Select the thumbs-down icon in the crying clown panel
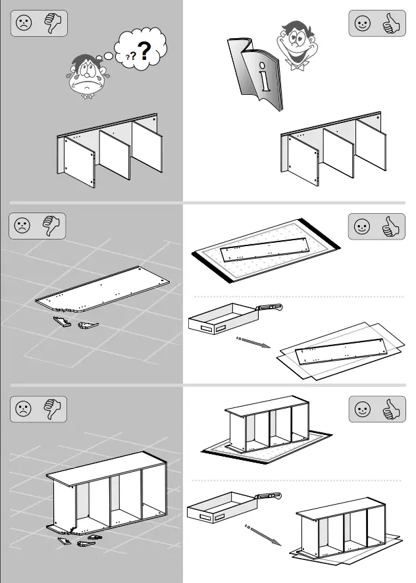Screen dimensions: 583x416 tap(51, 24)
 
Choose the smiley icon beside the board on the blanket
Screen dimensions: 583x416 tap(362, 228)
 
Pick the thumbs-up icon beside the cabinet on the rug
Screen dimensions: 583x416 tap(391, 409)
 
